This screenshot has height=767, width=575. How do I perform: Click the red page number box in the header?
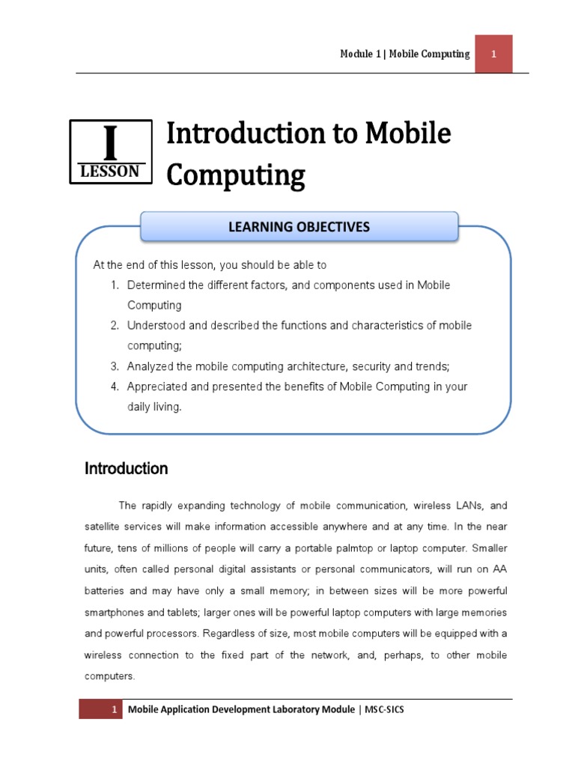pos(493,54)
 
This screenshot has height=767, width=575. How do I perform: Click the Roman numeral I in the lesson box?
pos(110,143)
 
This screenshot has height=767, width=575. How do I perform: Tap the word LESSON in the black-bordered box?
pos(109,172)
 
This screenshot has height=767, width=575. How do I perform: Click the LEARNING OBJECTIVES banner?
pos(299,226)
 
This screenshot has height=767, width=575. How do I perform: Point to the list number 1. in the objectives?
pos(115,285)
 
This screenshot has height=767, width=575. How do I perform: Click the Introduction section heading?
pos(126,469)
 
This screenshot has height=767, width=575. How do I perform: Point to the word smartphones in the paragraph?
pos(115,612)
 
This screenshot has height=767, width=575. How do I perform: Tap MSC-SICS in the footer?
pos(384,709)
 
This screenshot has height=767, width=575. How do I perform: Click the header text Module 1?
pos(360,54)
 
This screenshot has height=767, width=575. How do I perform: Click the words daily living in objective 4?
pos(154,407)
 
